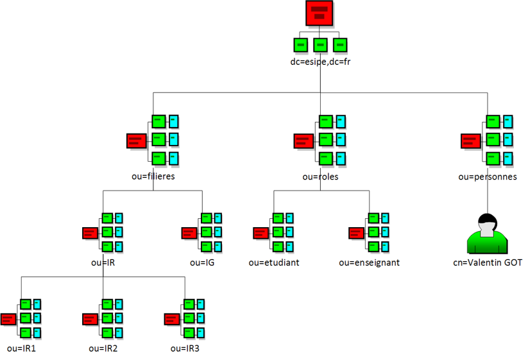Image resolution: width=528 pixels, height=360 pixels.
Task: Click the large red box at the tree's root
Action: click(x=320, y=13)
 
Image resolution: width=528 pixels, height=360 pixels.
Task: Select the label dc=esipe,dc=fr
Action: click(x=320, y=62)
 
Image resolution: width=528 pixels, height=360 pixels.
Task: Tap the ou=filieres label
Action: click(x=153, y=176)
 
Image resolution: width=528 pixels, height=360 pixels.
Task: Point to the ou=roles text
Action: click(x=320, y=176)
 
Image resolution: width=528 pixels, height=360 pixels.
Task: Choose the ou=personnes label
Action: click(x=488, y=176)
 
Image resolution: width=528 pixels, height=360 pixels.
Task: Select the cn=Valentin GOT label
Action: click(x=487, y=263)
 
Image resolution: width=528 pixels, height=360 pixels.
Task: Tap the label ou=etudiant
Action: click(x=274, y=262)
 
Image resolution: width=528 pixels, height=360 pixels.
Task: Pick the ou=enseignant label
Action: click(x=370, y=262)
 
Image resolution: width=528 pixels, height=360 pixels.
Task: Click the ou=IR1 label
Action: click(x=21, y=348)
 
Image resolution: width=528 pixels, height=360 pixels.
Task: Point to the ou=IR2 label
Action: click(x=103, y=348)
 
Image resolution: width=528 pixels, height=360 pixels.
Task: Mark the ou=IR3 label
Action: click(x=185, y=348)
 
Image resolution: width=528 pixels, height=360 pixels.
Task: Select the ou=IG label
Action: click(x=197, y=262)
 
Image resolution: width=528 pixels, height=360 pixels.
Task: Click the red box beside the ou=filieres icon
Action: click(x=136, y=141)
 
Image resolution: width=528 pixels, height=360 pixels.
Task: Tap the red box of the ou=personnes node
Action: click(x=470, y=141)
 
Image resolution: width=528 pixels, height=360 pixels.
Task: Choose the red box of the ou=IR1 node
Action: click(x=8, y=318)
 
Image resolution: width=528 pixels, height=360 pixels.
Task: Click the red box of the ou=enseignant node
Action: click(x=356, y=233)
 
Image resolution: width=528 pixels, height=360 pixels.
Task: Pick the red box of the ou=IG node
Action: click(x=189, y=233)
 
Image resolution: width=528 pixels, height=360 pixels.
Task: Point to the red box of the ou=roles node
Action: click(x=303, y=141)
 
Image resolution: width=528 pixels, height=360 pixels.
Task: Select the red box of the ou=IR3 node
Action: click(x=172, y=318)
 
